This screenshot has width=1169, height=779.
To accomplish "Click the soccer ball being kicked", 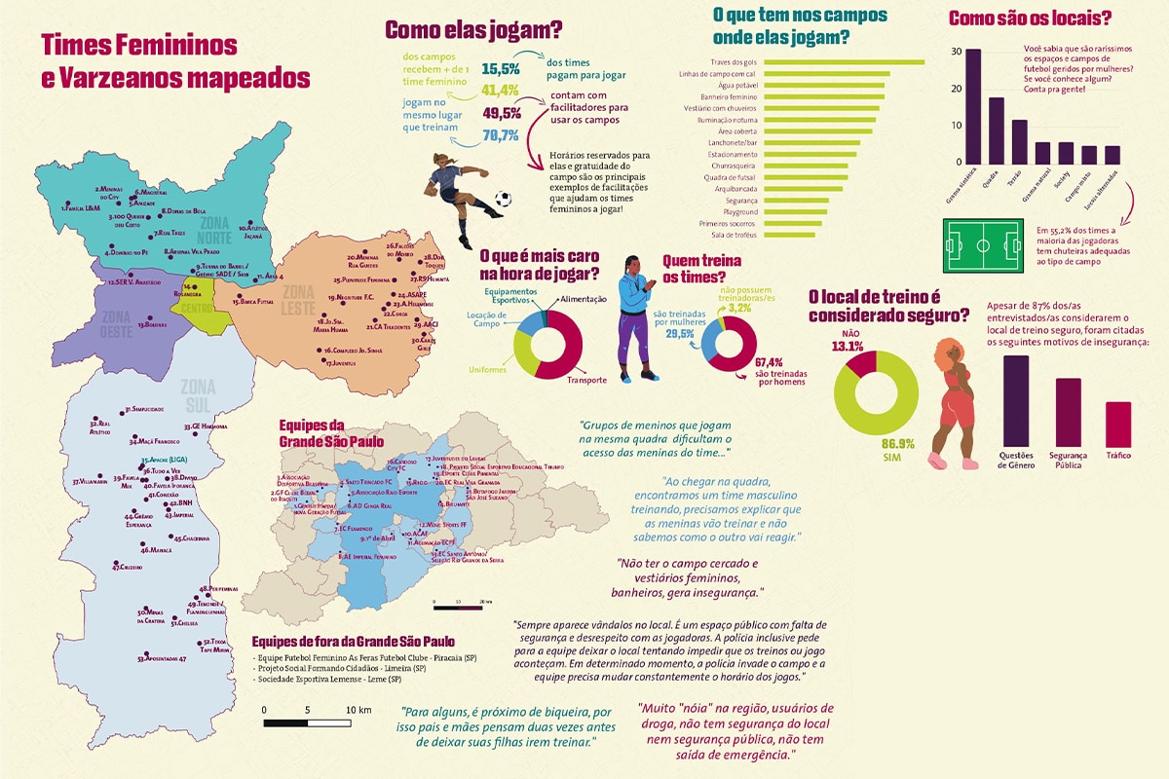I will click(x=503, y=201).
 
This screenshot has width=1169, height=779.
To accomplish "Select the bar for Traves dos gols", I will click(x=842, y=61).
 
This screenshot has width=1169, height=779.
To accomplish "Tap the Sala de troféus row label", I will click(x=735, y=236).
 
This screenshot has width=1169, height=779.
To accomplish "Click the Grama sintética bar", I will click(x=972, y=107).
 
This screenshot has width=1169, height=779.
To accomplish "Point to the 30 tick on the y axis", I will click(x=957, y=52).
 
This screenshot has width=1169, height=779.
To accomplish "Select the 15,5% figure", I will click(x=501, y=69).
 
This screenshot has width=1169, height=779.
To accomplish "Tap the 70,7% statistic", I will click(x=501, y=135).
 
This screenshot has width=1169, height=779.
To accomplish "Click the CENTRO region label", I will click(x=196, y=308).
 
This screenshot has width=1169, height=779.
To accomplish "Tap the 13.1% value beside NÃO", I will click(x=848, y=345).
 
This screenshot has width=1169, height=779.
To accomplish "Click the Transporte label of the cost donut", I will click(x=587, y=380).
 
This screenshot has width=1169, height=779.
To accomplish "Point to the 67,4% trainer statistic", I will click(x=775, y=363).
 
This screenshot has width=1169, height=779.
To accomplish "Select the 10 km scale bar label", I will click(x=358, y=711).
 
